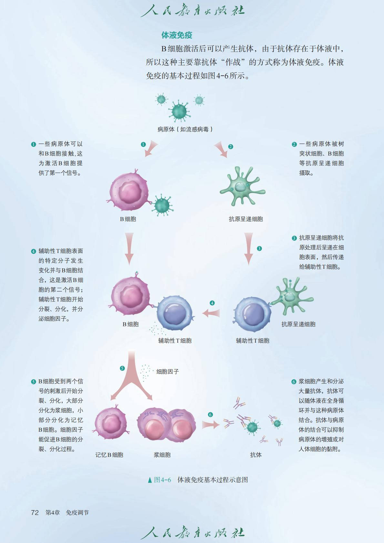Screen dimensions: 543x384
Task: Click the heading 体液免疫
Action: point(177,35)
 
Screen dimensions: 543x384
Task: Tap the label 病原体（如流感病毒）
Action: point(185,129)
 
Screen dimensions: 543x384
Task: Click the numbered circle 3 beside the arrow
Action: point(259,248)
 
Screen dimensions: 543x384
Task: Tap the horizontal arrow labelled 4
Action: point(211,313)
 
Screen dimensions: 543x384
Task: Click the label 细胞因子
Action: point(167,372)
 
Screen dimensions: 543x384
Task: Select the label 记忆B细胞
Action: point(109,455)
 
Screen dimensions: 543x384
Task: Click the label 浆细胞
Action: point(162,455)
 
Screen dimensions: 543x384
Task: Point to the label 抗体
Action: point(256,455)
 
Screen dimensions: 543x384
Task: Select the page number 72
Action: point(35,513)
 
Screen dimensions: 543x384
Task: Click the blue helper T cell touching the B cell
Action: point(175,313)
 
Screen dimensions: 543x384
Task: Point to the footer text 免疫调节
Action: point(77,513)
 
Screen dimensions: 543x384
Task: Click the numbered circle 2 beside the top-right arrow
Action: point(230,146)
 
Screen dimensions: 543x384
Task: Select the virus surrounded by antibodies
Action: point(252,427)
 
